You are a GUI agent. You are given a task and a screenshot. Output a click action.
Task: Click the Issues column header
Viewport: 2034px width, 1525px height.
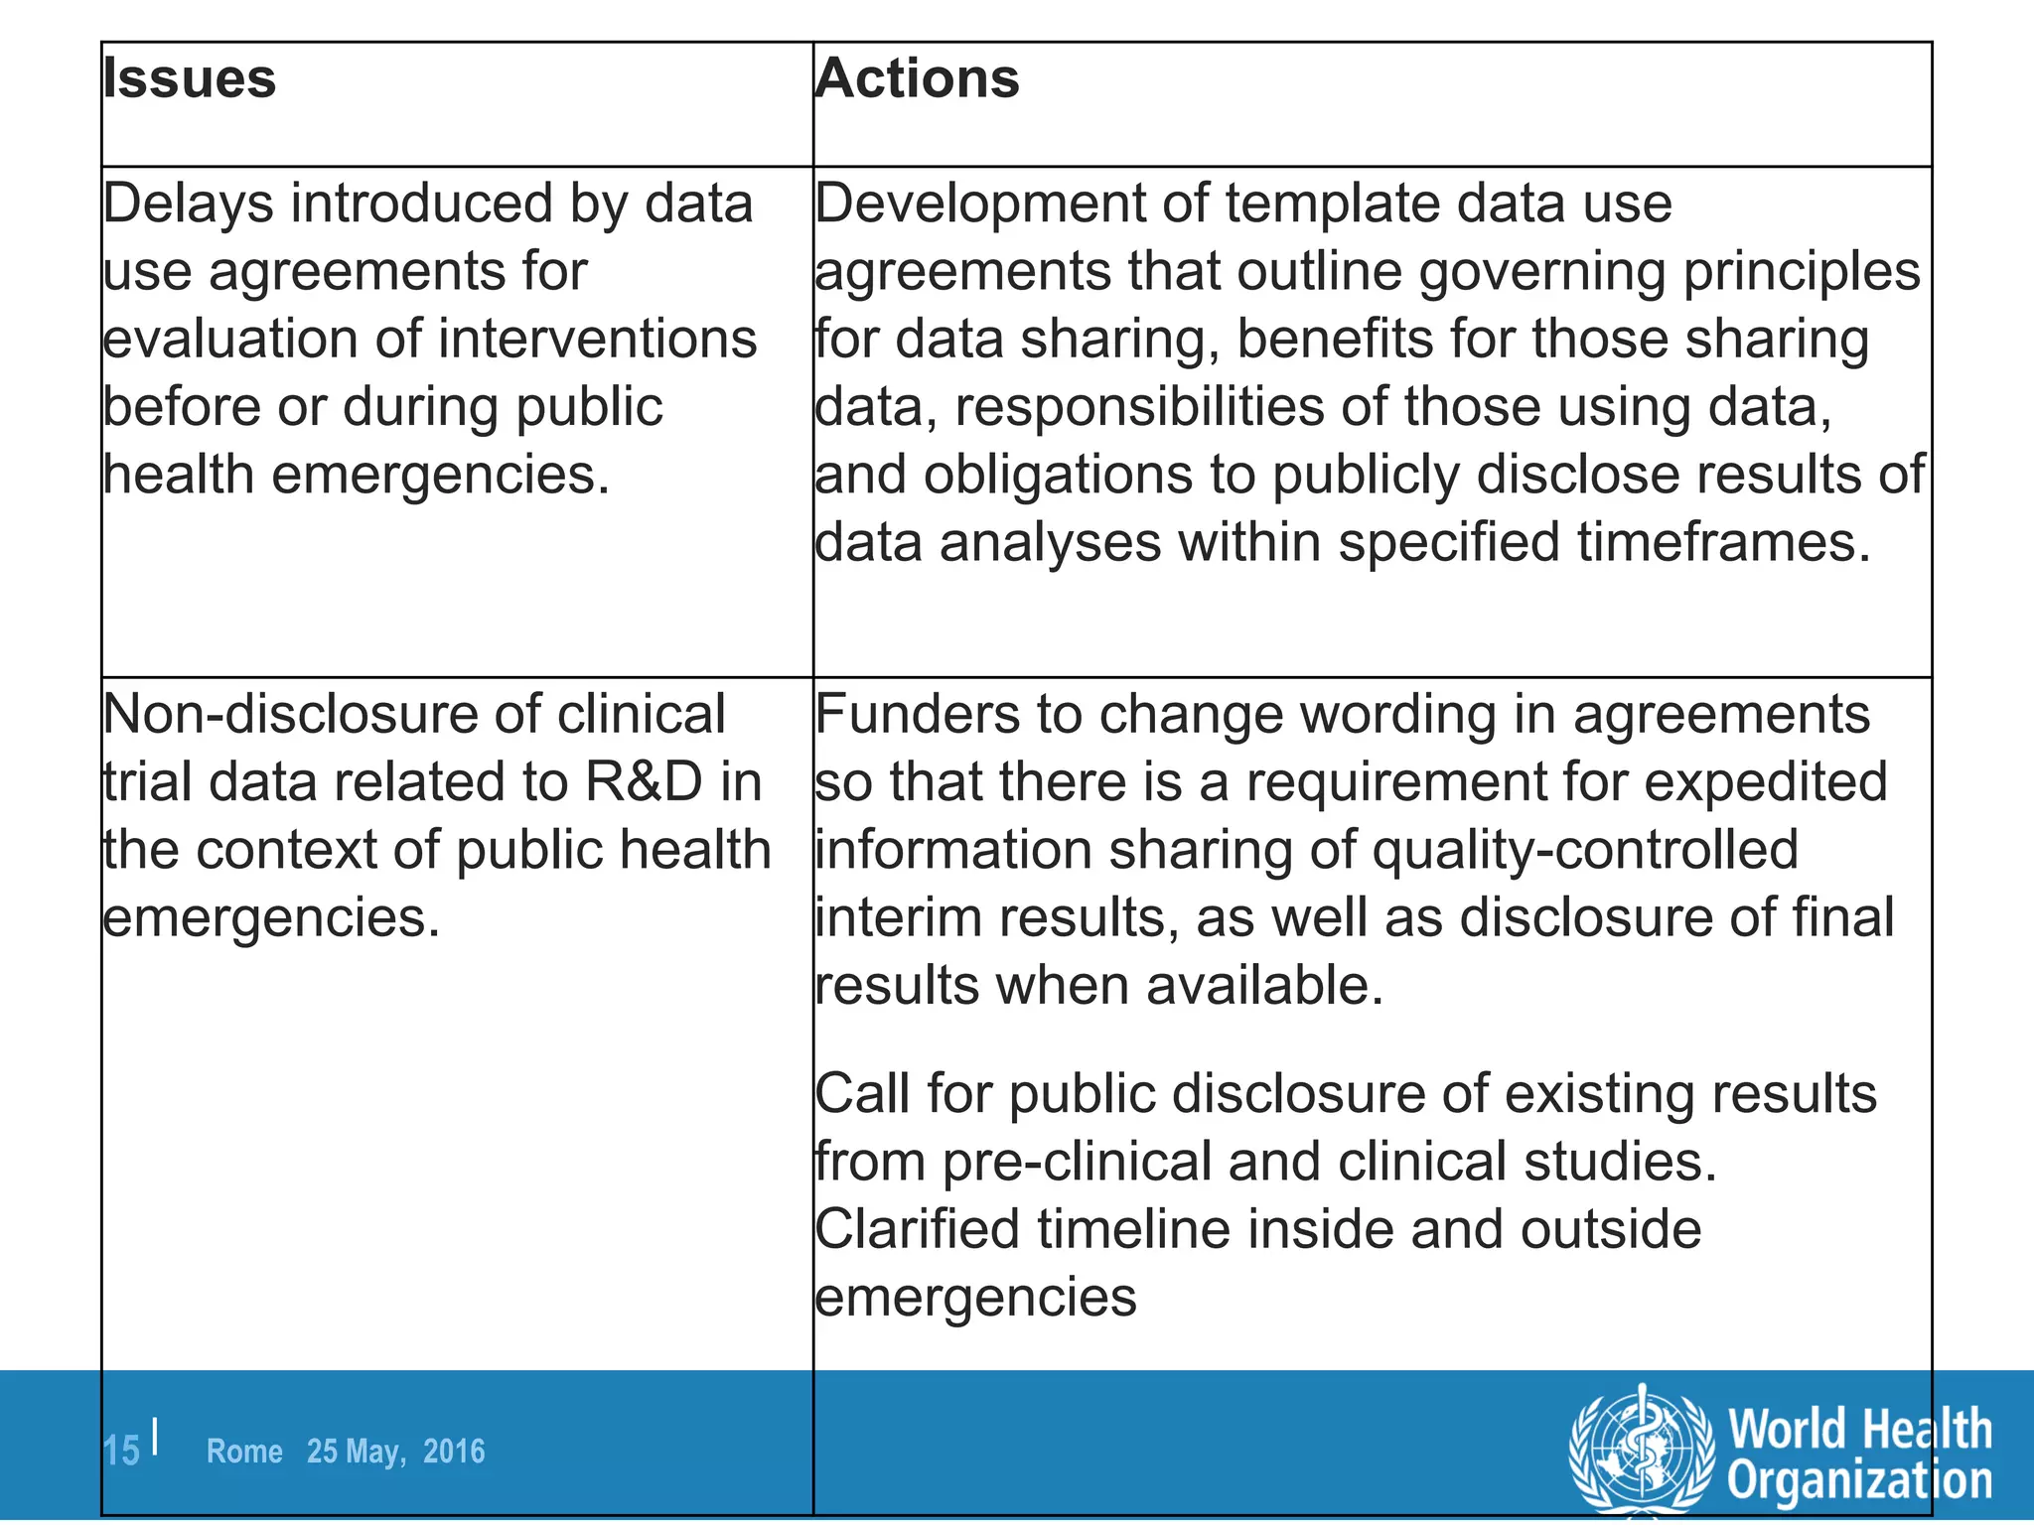click(190, 78)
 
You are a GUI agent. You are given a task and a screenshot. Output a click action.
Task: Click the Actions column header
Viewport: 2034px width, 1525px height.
click(917, 78)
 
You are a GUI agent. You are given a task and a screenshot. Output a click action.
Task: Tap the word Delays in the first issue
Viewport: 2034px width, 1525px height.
click(189, 205)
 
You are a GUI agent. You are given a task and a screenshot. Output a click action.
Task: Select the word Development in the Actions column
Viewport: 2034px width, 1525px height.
click(979, 205)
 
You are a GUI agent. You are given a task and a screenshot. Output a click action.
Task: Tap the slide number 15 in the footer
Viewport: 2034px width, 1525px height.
click(122, 1452)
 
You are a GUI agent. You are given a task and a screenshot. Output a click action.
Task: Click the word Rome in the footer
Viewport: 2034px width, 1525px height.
click(244, 1452)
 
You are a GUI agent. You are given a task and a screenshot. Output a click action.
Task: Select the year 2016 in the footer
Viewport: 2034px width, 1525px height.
click(454, 1452)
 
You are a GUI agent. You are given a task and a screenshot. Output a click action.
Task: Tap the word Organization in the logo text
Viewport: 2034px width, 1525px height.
click(1859, 1480)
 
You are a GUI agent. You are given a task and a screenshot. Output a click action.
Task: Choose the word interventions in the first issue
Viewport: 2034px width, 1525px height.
click(597, 340)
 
